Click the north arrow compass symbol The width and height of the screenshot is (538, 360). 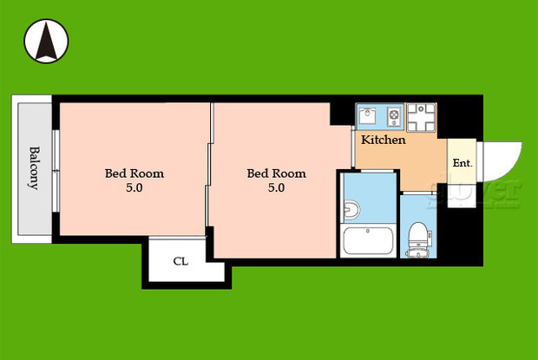click(47, 40)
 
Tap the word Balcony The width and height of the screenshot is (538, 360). click(34, 167)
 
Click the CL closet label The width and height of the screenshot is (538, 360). click(180, 261)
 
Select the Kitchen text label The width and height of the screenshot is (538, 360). click(383, 140)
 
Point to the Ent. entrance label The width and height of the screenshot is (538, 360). click(462, 162)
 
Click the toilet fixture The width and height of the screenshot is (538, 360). click(417, 235)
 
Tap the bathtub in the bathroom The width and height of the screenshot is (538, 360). click(369, 241)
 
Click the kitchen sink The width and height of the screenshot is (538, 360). click(367, 115)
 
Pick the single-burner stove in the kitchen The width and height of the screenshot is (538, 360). click(393, 115)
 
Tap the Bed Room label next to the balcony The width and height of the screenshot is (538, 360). click(134, 173)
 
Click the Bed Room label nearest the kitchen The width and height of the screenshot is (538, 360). click(277, 173)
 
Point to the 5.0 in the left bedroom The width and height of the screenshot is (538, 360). click(134, 187)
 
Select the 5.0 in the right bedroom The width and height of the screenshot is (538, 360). click(276, 187)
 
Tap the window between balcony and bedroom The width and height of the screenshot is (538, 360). click(55, 170)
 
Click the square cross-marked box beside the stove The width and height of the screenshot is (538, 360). click(421, 115)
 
